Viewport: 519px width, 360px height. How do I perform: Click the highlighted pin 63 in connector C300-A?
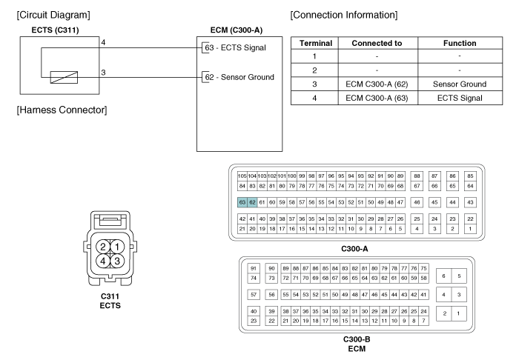tap(242, 201)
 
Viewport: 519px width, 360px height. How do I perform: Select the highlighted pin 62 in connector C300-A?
tap(252, 201)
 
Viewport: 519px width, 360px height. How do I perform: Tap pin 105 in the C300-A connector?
tap(242, 175)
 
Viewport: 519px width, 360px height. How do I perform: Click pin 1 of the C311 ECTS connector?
tap(117, 247)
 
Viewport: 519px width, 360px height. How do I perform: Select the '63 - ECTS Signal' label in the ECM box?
tap(234, 48)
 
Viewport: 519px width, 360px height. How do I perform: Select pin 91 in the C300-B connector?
tap(254, 267)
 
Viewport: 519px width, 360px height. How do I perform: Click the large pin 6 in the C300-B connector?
tap(443, 276)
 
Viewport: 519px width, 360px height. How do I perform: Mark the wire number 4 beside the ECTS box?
tap(103, 43)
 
